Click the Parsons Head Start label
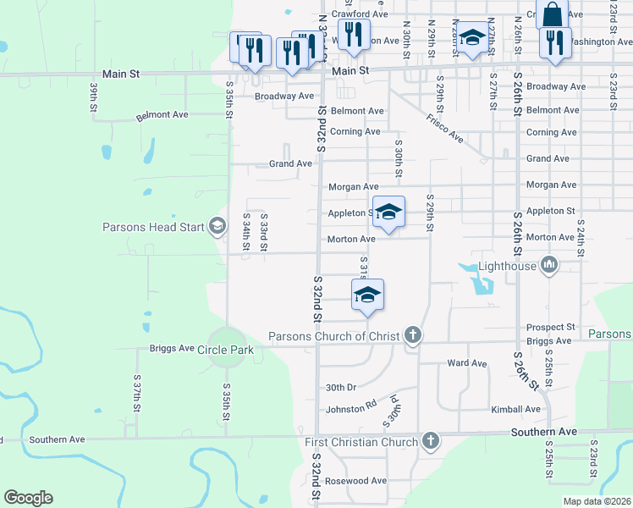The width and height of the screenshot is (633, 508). (153, 227)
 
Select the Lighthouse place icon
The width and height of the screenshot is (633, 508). (549, 266)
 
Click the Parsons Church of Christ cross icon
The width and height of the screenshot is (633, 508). (413, 336)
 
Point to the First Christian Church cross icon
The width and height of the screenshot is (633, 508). (431, 441)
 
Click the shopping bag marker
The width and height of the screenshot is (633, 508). (552, 14)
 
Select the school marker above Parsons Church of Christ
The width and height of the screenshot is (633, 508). (367, 294)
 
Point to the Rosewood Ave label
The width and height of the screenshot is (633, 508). (356, 480)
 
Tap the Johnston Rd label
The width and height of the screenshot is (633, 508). (351, 408)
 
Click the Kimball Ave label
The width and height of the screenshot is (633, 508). (515, 409)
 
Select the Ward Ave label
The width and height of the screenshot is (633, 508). (467, 363)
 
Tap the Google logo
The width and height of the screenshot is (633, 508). (28, 498)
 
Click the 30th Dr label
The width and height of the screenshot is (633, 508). (341, 387)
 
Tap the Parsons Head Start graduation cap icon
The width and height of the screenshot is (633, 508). (217, 225)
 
